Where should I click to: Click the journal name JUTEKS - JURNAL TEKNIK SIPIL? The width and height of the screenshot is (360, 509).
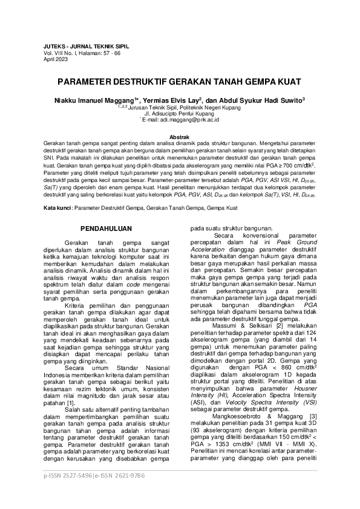87,46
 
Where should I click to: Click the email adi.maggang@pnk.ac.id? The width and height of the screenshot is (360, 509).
193,120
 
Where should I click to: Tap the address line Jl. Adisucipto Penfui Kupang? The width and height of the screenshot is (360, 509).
180,113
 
